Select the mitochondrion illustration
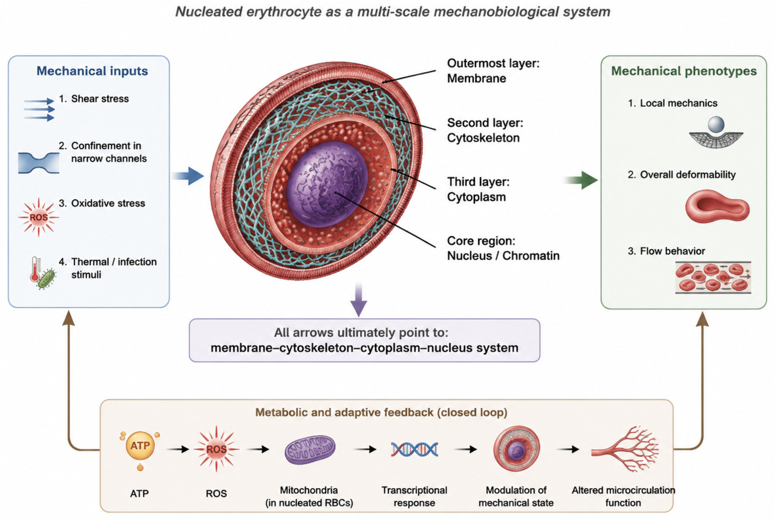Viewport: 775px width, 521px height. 310,449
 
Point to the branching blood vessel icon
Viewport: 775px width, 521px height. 625,449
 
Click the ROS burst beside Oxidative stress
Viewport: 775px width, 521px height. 38,217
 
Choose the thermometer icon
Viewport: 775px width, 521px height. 35,269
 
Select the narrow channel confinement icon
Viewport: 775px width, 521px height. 38,163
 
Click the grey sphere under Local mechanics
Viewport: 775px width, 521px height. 716,125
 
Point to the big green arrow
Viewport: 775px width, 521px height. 581,180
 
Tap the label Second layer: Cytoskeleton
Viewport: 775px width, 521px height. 485,130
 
